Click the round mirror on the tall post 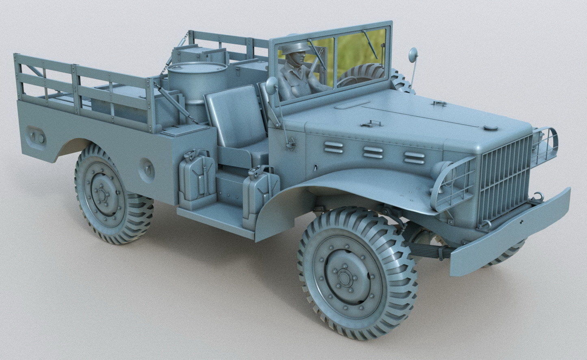click(413, 54)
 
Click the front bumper click(512, 232)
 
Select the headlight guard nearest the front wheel click(454, 184)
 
